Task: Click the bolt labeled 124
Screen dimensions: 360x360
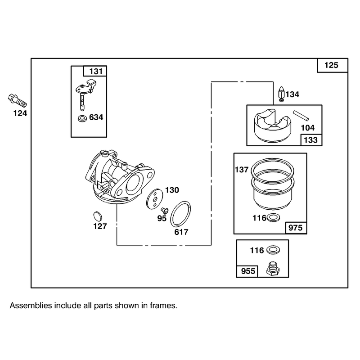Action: (x=17, y=100)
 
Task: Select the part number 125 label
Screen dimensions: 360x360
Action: (x=331, y=65)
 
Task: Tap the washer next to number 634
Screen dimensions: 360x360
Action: (x=82, y=118)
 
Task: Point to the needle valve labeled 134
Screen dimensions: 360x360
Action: (x=282, y=94)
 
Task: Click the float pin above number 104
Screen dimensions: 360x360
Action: (x=301, y=116)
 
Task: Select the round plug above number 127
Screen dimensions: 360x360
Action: (x=98, y=216)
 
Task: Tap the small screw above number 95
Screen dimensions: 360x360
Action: (x=165, y=210)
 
